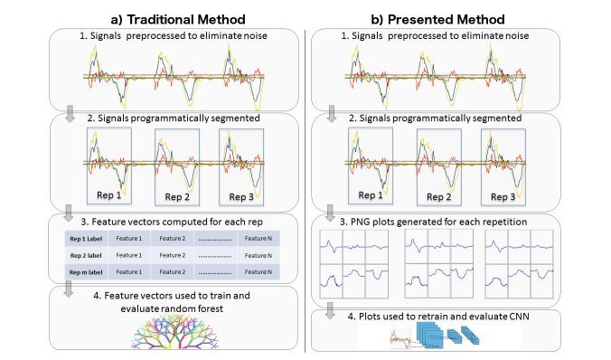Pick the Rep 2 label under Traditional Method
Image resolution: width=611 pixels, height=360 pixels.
click(x=176, y=196)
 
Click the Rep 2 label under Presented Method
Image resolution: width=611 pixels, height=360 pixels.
click(x=437, y=195)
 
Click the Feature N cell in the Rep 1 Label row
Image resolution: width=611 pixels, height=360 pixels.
click(x=256, y=237)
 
